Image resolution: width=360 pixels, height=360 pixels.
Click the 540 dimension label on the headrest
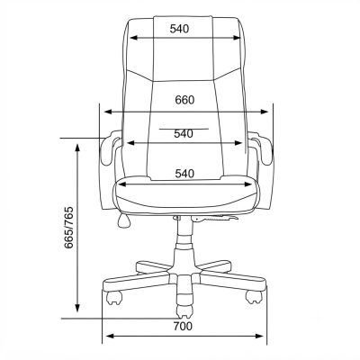pos(179,29)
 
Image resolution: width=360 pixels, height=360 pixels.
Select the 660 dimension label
pos(184,100)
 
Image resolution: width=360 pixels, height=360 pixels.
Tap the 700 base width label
pos(183,326)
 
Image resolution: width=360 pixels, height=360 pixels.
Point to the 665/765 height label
pos(68,228)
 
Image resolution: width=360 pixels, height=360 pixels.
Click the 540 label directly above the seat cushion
pos(184,174)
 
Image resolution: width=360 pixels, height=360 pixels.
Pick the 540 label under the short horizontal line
pos(184,134)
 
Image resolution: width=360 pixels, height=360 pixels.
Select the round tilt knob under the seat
pos(124,220)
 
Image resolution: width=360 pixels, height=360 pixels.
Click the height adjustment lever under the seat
pos(214,218)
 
